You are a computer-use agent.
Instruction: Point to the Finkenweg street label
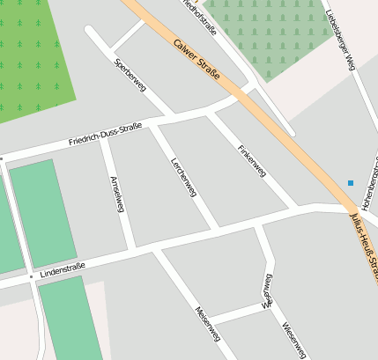click(x=252, y=161)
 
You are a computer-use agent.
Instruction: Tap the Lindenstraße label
click(x=63, y=265)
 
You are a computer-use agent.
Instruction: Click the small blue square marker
click(x=351, y=183)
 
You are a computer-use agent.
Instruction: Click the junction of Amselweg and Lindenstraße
click(x=132, y=248)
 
